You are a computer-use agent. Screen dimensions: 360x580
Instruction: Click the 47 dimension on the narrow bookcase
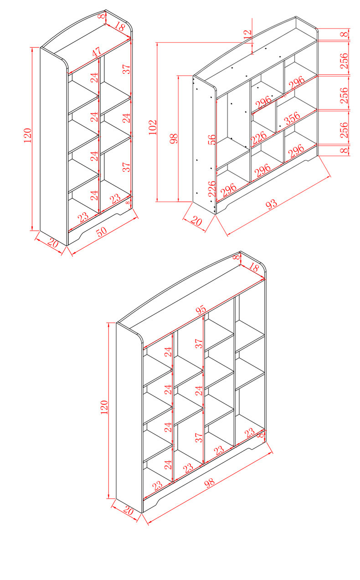pyautogui.click(x=97, y=52)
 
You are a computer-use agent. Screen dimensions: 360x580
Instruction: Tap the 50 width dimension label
pyautogui.click(x=102, y=231)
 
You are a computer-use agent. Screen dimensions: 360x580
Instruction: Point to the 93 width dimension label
pyautogui.click(x=271, y=205)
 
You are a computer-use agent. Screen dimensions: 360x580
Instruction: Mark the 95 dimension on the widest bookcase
pyautogui.click(x=201, y=310)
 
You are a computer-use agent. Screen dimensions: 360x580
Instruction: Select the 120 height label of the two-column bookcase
pyautogui.click(x=27, y=135)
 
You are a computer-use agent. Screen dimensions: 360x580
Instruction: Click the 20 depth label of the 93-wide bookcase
pyautogui.click(x=196, y=222)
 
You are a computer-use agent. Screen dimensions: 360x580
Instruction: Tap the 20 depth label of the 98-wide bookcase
pyautogui.click(x=129, y=511)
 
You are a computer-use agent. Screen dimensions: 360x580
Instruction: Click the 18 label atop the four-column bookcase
pyautogui.click(x=253, y=267)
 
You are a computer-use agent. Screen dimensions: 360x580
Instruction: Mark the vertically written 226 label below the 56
pyautogui.click(x=211, y=188)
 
